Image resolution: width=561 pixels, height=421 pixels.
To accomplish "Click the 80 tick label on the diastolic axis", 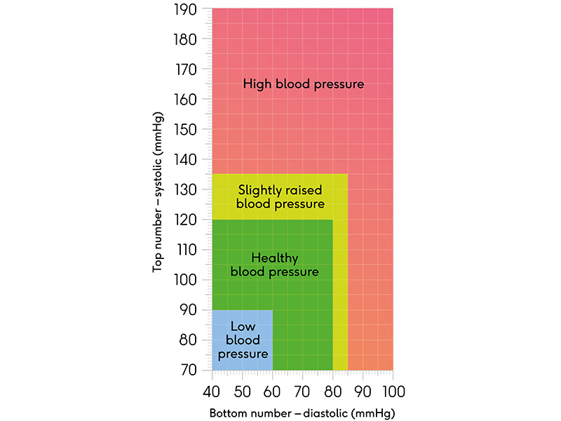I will coord(332,390).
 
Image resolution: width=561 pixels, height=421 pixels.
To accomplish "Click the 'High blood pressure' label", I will coord(303,84).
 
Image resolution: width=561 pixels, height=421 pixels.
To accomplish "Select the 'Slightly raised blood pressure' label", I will coord(280,197).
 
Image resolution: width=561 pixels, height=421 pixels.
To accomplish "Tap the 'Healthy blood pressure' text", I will coord(274,265).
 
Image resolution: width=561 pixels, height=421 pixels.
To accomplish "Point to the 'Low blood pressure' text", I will coord(243,340).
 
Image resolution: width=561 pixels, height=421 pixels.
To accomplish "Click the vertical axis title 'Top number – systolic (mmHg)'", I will coord(159,191).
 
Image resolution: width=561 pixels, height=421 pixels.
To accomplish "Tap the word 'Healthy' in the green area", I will coord(274,259).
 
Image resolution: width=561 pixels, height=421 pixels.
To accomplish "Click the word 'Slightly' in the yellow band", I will coord(258,190).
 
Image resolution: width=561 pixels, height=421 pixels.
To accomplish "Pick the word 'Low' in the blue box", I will coord(243,327).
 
